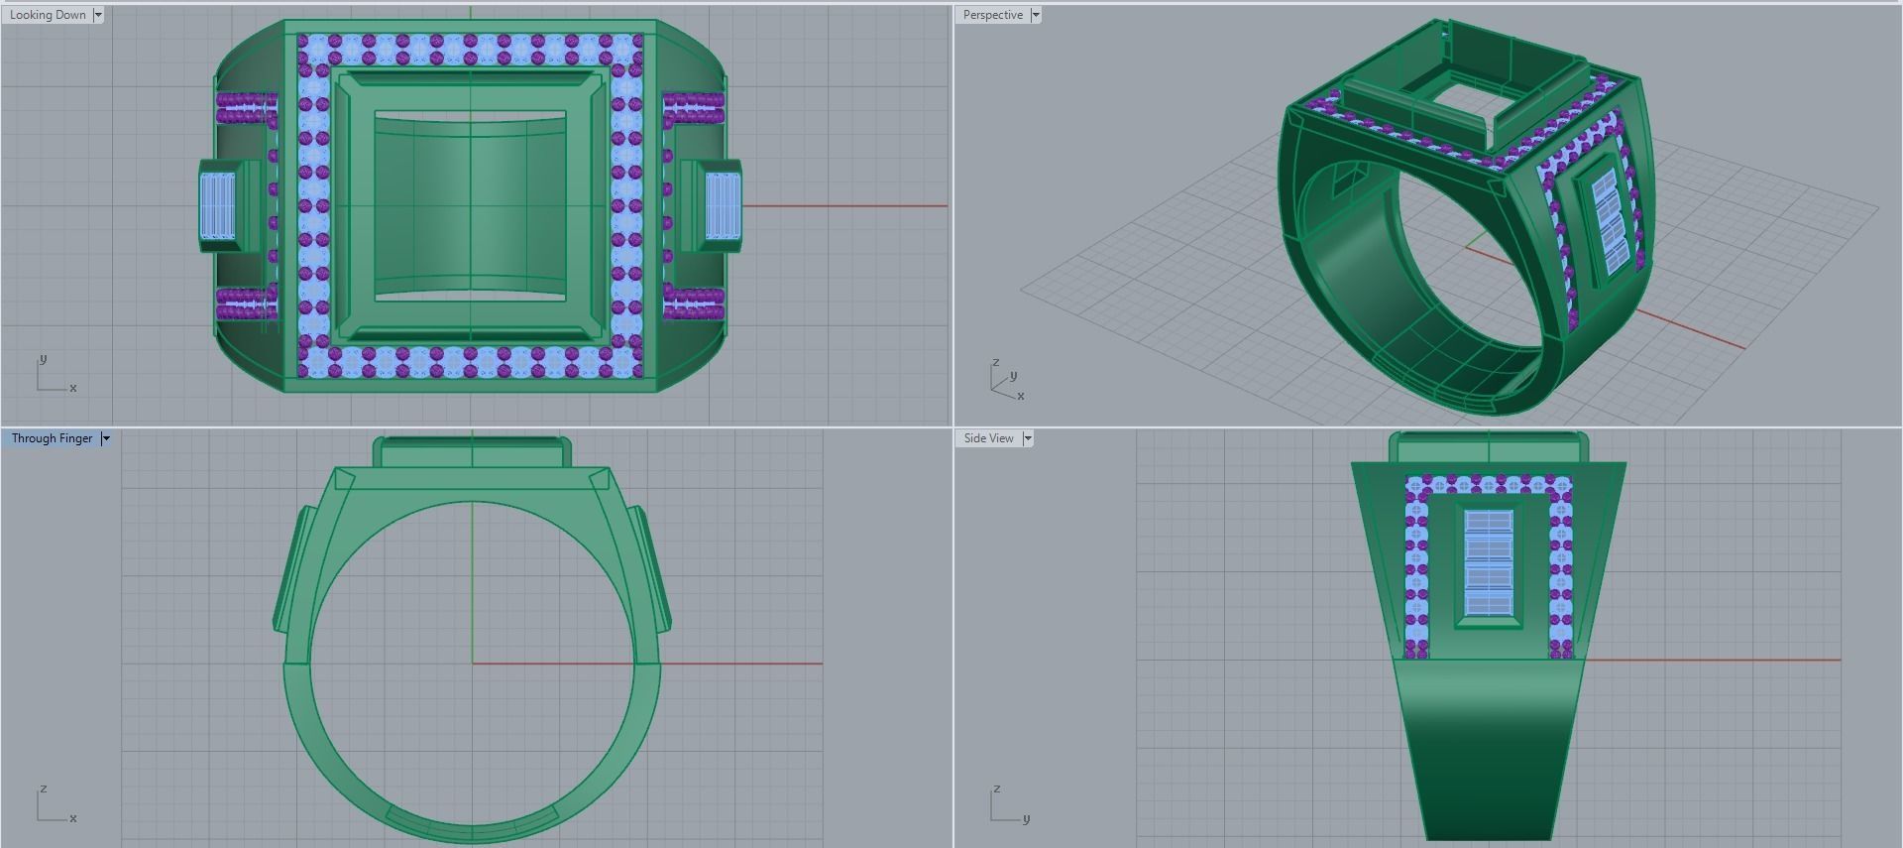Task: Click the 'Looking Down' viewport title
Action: (x=48, y=15)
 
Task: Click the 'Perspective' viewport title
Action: (x=992, y=15)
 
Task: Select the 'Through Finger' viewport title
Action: (x=52, y=438)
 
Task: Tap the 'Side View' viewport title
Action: (x=988, y=438)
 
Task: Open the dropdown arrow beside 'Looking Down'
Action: (x=98, y=15)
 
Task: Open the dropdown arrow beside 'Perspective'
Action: (x=1036, y=15)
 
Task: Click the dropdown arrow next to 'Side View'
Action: (x=1028, y=438)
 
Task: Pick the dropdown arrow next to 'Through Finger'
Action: (x=106, y=438)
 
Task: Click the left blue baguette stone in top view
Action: (x=218, y=206)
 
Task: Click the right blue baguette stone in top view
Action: (x=723, y=206)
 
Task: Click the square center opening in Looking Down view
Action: (x=470, y=206)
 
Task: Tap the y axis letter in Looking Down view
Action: (x=43, y=359)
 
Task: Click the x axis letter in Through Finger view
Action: (x=73, y=818)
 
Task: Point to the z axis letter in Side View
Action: (x=996, y=789)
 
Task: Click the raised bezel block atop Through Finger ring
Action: (x=472, y=453)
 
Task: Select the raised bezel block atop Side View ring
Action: (x=1488, y=447)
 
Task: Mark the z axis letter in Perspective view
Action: (x=995, y=363)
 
